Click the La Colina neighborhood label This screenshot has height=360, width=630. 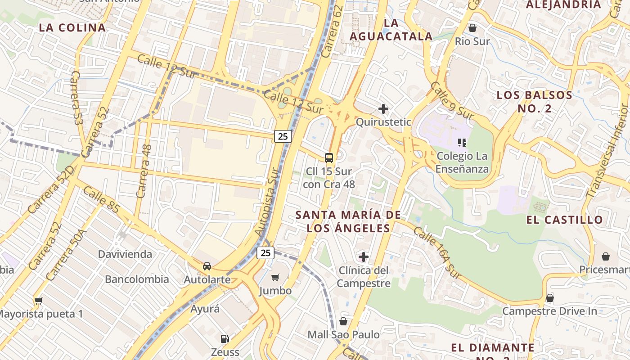coord(72,27)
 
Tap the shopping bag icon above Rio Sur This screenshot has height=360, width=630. coord(472,28)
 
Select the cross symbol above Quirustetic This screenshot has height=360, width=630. coord(383,109)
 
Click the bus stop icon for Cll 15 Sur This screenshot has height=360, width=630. coord(329,157)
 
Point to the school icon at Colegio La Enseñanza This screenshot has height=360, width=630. coord(462,143)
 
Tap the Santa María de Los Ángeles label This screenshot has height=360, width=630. coord(348,221)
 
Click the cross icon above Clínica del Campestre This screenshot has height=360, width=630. coord(363,257)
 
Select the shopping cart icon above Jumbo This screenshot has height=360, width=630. coord(275,277)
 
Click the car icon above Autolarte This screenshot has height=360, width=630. coord(207,266)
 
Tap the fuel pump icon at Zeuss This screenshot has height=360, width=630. coord(225,338)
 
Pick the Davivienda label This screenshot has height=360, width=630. coord(125,254)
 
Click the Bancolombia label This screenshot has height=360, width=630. coord(137,279)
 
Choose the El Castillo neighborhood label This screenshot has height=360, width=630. coord(564,220)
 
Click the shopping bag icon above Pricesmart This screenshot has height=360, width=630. coord(606,256)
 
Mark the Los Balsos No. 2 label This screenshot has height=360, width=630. coord(534,102)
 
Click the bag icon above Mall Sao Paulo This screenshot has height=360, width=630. coord(343,321)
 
